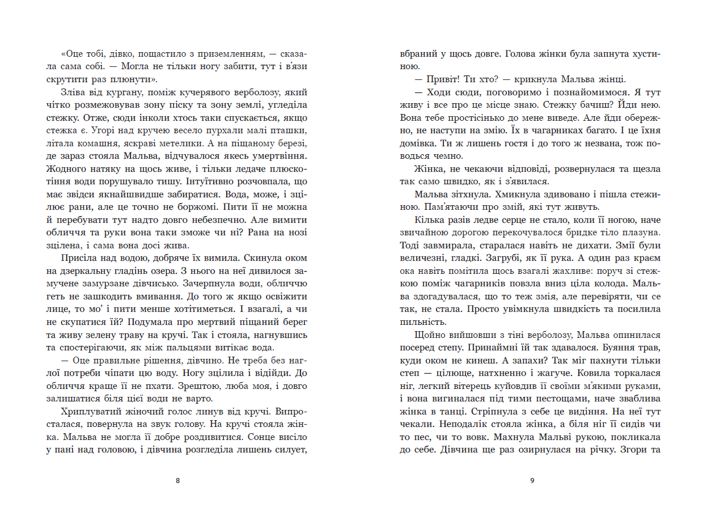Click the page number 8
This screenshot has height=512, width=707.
[178, 481]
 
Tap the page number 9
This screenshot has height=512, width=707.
[532, 481]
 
